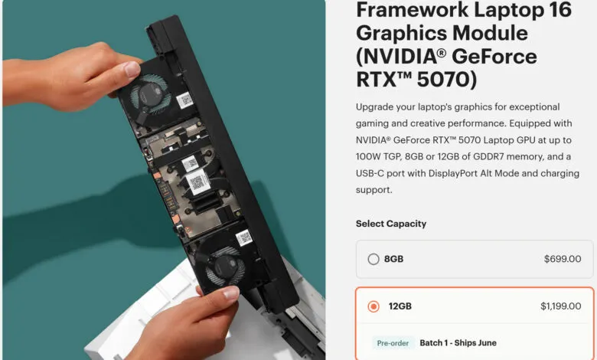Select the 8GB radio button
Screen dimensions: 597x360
click(x=374, y=259)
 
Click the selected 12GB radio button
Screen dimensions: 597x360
click(x=374, y=306)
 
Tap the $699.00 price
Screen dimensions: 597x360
click(x=563, y=259)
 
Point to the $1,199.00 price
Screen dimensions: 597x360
click(x=561, y=306)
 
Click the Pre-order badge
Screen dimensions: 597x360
click(x=393, y=343)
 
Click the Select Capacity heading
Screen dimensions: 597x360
click(x=391, y=224)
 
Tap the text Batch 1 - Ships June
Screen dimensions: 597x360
click(x=458, y=343)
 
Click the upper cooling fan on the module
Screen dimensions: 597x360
click(x=149, y=93)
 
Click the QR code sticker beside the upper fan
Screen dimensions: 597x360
click(x=185, y=100)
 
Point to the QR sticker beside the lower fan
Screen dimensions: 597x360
click(x=243, y=238)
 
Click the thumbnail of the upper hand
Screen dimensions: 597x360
click(x=132, y=69)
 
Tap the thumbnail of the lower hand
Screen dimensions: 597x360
click(x=230, y=293)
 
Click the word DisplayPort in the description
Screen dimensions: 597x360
click(x=453, y=173)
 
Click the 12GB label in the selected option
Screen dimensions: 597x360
click(x=400, y=306)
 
